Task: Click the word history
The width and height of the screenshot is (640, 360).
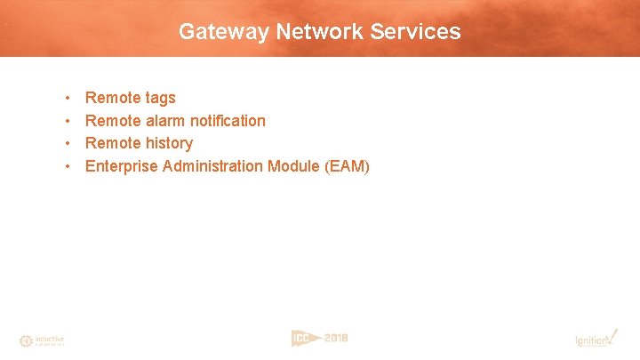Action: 168,143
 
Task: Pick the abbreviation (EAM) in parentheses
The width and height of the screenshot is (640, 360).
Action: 348,166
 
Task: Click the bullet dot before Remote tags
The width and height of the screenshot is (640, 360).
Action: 68,98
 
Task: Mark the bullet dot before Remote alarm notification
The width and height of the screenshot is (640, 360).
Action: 68,121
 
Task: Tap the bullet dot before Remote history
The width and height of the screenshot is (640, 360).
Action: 68,143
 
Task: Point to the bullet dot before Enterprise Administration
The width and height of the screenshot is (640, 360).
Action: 68,166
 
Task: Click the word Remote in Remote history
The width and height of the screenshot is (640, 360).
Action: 112,143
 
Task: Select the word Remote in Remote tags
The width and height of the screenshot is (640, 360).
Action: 112,98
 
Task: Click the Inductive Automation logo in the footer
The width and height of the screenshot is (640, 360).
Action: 42,340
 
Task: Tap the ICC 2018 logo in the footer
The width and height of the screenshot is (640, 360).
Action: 319,338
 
